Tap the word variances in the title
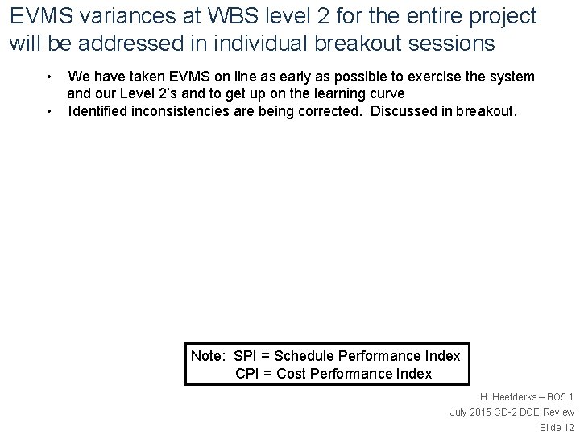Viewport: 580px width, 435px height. click(110, 16)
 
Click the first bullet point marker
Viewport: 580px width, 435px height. click(50, 77)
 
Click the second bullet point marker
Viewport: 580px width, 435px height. click(50, 110)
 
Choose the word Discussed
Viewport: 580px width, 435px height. click(402, 110)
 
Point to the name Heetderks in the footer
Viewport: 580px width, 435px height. click(514, 397)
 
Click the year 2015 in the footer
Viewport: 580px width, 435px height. click(481, 412)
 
